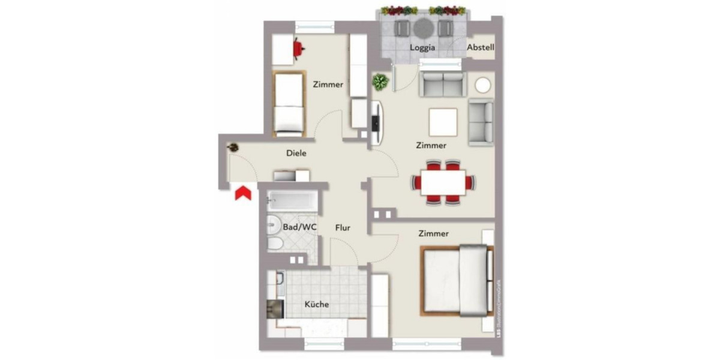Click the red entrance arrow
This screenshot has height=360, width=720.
pos(242,194)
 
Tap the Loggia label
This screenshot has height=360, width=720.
pos(422,47)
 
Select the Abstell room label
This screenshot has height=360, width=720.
pos(481,47)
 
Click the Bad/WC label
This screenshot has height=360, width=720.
pos(300,227)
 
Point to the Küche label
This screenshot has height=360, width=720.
pos(316,304)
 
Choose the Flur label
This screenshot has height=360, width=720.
pos(343,228)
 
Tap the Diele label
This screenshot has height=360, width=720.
pos(296,154)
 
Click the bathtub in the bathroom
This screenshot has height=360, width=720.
pos(289,199)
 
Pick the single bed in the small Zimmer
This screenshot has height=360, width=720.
pos(289,103)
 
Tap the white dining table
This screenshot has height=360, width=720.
pos(443,182)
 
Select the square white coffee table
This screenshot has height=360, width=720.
pos(443,122)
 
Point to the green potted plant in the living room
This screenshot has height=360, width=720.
pos(380,82)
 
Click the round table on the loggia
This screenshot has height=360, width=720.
pos(422,27)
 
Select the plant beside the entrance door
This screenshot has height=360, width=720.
pos(232,147)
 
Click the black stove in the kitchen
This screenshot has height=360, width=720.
pos(275,307)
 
